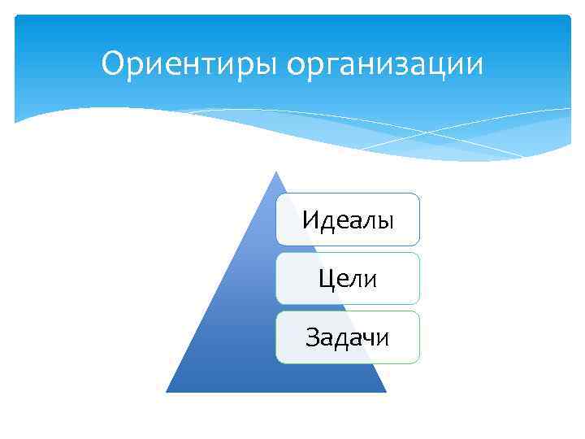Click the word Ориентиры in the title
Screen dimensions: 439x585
click(190, 63)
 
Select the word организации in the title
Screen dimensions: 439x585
click(385, 63)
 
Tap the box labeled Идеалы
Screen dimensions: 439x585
click(348, 219)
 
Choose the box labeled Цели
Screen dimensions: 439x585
click(348, 279)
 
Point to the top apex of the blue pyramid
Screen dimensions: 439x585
click(276, 172)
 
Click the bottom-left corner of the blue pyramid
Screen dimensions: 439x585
click(167, 391)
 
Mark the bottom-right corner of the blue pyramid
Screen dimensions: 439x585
click(385, 391)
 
